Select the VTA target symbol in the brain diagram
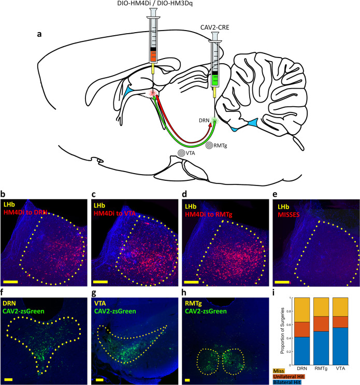pos(181,153)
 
